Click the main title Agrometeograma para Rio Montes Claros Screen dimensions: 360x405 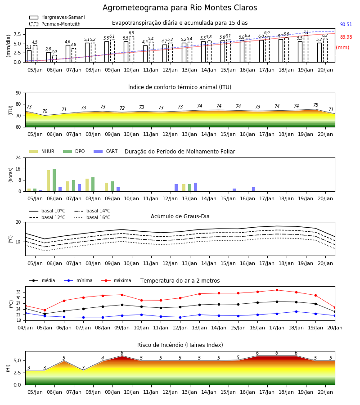180,8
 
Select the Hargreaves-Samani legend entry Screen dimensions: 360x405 57,17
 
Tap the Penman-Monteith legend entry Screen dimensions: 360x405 55,24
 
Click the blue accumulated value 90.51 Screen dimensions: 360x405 346,25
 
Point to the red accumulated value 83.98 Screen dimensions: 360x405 346,37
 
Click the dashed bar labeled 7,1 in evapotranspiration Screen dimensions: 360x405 306,49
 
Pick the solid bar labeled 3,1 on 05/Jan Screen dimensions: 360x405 29,56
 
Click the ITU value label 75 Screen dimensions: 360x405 315,105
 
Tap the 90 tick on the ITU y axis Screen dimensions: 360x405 18,93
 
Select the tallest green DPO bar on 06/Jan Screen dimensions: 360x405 54,180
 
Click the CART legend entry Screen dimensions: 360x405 106,151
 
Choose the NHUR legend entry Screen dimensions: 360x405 42,151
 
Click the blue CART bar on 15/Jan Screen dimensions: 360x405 234,190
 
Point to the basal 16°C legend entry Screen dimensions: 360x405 92,217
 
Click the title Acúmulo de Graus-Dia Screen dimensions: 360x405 180,216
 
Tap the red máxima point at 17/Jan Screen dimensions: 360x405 277,290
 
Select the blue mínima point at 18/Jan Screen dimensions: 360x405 296,312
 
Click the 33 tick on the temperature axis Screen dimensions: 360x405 18,292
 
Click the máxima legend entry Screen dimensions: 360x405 117,280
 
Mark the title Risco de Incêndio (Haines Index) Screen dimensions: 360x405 180,345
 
